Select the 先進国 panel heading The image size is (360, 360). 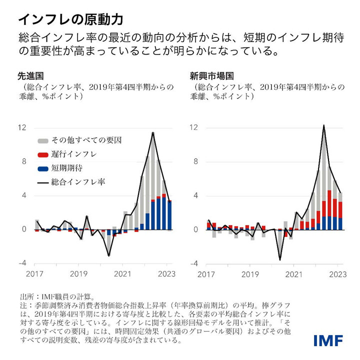(30, 76)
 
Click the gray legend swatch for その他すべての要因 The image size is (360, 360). (43, 140)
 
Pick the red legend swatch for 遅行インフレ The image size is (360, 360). (43, 154)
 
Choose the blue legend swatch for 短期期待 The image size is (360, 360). (43, 168)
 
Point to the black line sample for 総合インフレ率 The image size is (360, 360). (43, 182)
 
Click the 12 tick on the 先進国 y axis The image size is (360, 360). (22, 127)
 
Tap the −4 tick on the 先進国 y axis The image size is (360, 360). (22, 263)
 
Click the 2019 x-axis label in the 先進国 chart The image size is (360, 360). (79, 274)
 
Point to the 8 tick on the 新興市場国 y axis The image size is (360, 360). (197, 161)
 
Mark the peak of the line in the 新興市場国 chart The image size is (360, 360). (324, 125)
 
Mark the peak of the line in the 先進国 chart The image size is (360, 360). (153, 132)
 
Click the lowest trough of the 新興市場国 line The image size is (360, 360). (280, 260)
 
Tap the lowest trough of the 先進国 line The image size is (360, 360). (108, 256)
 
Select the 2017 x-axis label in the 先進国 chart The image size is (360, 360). (34, 274)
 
